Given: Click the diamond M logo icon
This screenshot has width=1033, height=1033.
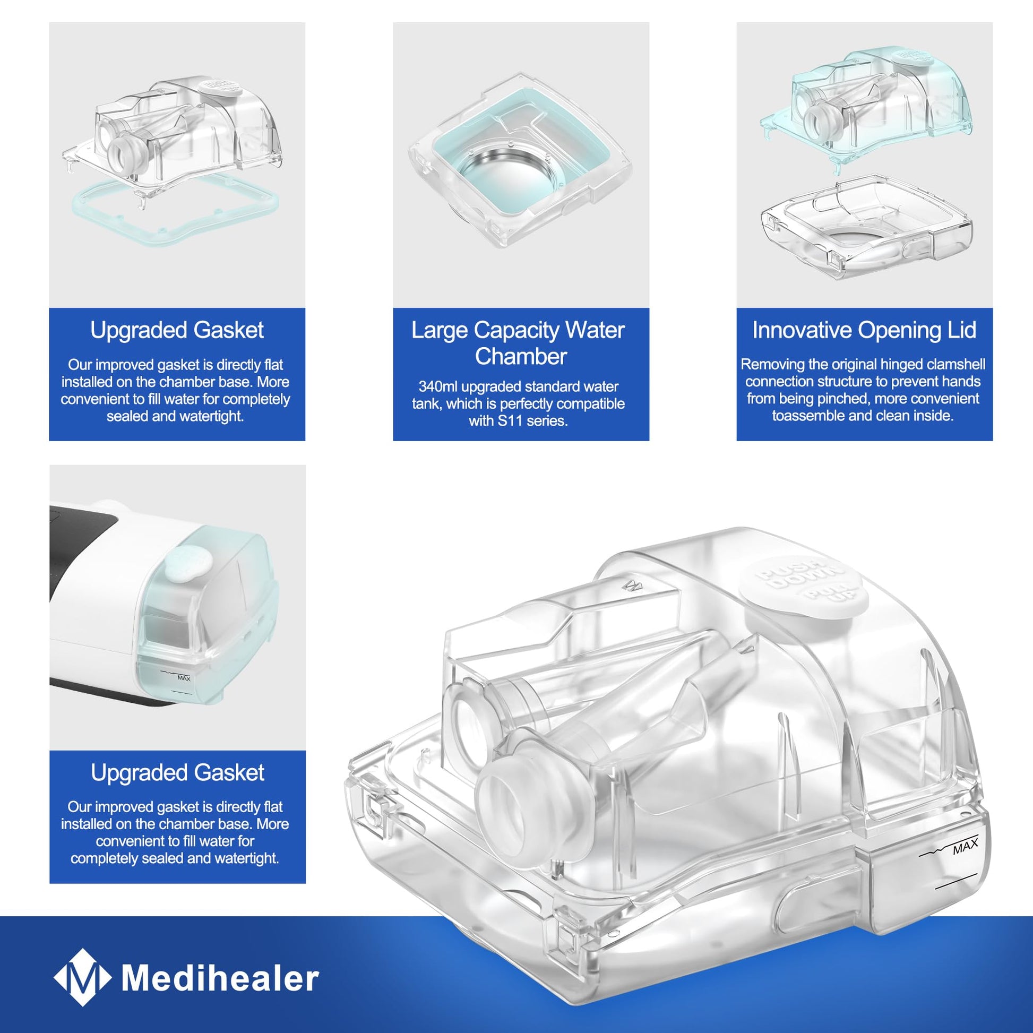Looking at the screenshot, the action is [x=83, y=978].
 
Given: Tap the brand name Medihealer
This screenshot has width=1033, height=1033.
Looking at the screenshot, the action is [x=220, y=978].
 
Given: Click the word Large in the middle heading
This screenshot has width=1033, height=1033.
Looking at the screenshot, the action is [x=440, y=330].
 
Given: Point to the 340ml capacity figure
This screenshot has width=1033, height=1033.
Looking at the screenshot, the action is [x=438, y=386].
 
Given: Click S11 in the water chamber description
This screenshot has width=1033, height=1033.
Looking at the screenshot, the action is [x=510, y=421].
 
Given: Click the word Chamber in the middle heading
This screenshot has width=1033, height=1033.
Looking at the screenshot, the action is [x=521, y=357].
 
